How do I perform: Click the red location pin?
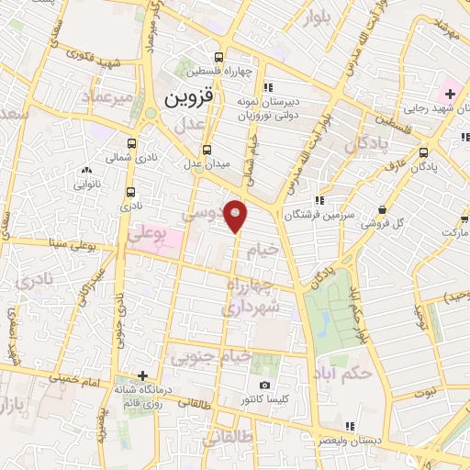(x=236, y=215)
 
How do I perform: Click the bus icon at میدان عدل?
(x=207, y=149)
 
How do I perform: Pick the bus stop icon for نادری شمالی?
(x=133, y=144)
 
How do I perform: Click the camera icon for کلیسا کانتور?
(x=264, y=386)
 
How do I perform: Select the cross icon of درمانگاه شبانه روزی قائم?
(x=142, y=375)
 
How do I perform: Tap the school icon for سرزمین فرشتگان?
(x=318, y=200)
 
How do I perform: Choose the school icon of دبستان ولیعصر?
(x=349, y=425)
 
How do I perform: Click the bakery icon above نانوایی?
(x=87, y=170)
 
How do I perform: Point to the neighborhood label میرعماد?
(x=108, y=95)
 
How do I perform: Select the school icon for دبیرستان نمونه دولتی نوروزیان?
(x=265, y=88)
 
